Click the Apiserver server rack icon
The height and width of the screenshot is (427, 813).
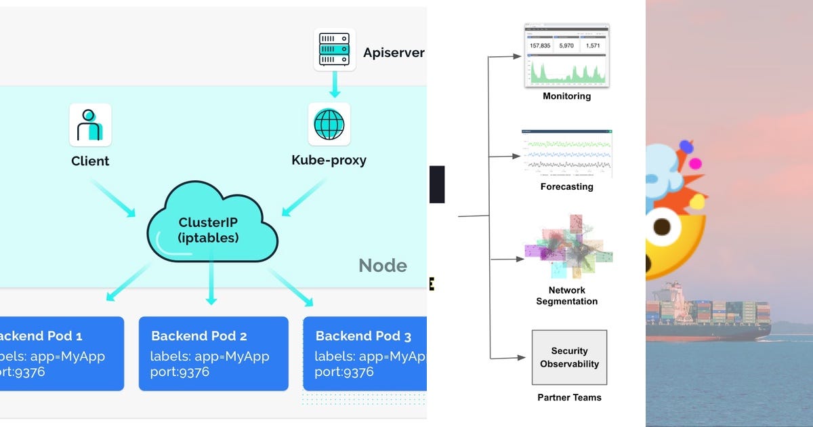pyautogui.click(x=335, y=49)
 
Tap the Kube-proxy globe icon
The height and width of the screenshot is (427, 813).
pyautogui.click(x=329, y=124)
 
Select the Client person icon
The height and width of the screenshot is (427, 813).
pyautogui.click(x=90, y=125)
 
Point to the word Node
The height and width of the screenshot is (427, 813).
pyautogui.click(x=383, y=266)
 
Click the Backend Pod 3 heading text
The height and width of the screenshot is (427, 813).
pyautogui.click(x=363, y=336)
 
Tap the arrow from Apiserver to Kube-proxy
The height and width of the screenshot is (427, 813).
pyautogui.click(x=335, y=86)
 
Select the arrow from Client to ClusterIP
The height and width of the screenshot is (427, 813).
pyautogui.click(x=112, y=197)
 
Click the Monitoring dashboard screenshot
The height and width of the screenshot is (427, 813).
pyautogui.click(x=566, y=56)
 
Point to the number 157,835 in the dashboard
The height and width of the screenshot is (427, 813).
pyautogui.click(x=539, y=46)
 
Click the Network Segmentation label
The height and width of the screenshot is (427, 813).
pyautogui.click(x=566, y=296)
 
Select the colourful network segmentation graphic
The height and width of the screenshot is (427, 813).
pyautogui.click(x=568, y=247)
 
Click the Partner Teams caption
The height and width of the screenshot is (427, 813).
pyautogui.click(x=569, y=397)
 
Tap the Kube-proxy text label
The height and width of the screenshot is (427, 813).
pyautogui.click(x=329, y=161)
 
